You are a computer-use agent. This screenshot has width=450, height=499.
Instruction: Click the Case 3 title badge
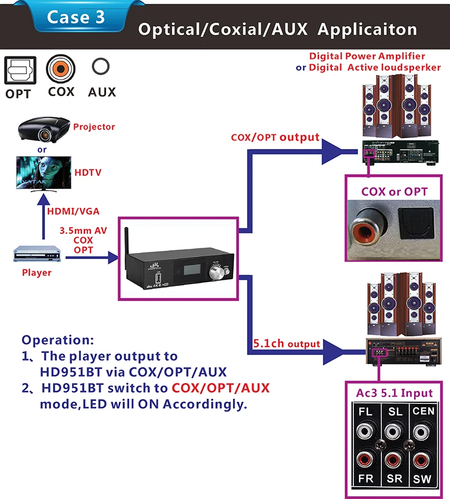pyautogui.click(x=76, y=17)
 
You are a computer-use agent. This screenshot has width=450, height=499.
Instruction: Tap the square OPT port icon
pyautogui.click(x=18, y=71)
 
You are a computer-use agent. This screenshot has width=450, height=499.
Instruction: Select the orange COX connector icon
pyautogui.click(x=60, y=69)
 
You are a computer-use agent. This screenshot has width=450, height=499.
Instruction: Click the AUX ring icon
pyautogui.click(x=101, y=68)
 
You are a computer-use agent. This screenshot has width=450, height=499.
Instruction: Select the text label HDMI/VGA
pyautogui.click(x=74, y=211)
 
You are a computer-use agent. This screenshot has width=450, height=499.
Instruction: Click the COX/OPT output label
pyautogui.click(x=275, y=137)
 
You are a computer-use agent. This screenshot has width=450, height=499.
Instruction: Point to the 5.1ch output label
pyautogui.click(x=287, y=343)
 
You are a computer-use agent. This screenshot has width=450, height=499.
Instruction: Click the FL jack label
pyautogui.click(x=365, y=411)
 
